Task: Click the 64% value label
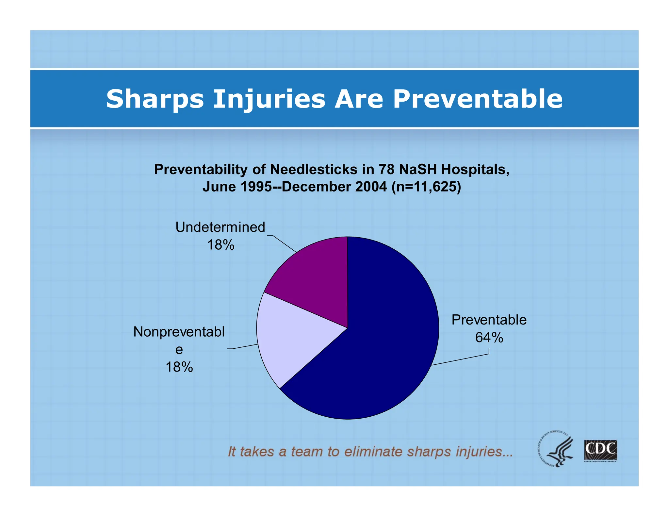[489, 337]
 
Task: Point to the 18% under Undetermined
[220, 245]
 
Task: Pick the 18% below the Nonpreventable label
[179, 367]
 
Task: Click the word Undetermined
[220, 227]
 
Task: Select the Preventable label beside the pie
[489, 320]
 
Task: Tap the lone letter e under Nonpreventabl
[179, 350]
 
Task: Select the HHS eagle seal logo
[555, 448]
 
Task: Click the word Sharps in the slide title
[155, 99]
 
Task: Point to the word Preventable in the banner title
[478, 99]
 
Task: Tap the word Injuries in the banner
[269, 99]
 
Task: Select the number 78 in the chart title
[386, 169]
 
